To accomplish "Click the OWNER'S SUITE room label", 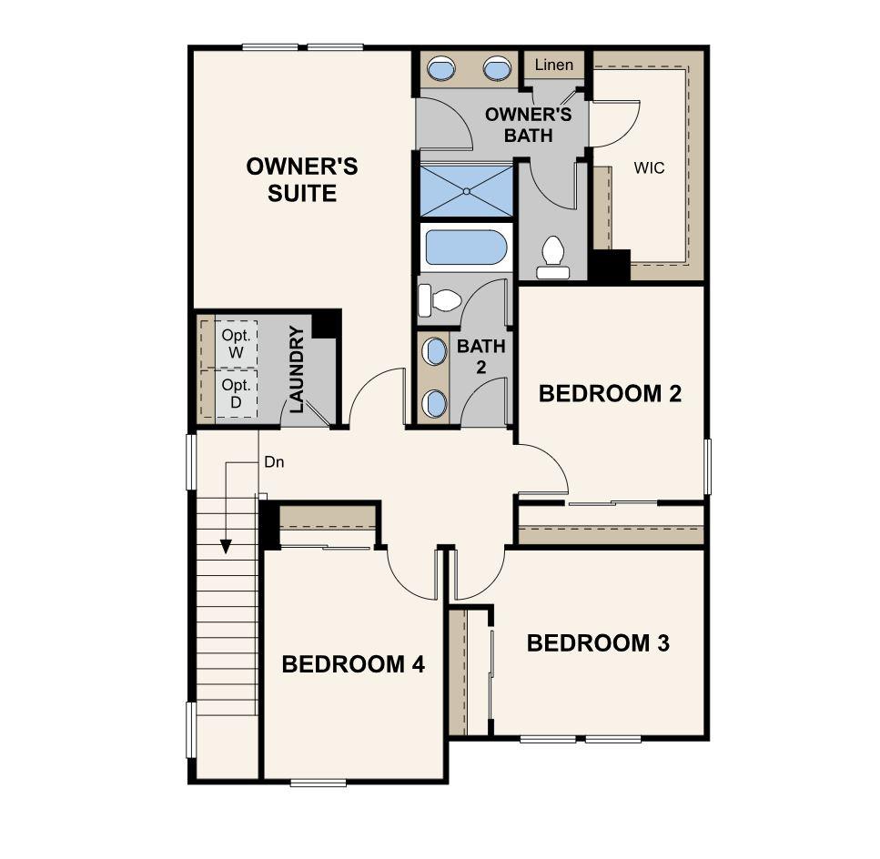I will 301,180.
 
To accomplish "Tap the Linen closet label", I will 554,65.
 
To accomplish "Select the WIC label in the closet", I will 649,168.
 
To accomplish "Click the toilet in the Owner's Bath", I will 552,258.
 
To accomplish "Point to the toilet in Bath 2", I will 438,298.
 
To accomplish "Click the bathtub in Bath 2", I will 465,248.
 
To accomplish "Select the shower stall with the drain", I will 466,190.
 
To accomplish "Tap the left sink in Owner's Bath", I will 442,67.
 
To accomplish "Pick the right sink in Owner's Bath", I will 497,67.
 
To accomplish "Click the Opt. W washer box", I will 235,343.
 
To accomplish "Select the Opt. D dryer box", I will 235,394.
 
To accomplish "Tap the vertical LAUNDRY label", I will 296,369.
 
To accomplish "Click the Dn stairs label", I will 274,462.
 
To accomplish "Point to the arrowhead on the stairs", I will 226,546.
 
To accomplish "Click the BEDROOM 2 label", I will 610,394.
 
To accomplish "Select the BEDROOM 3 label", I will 598,643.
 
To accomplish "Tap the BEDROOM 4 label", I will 353,664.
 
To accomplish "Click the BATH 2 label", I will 480,358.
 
